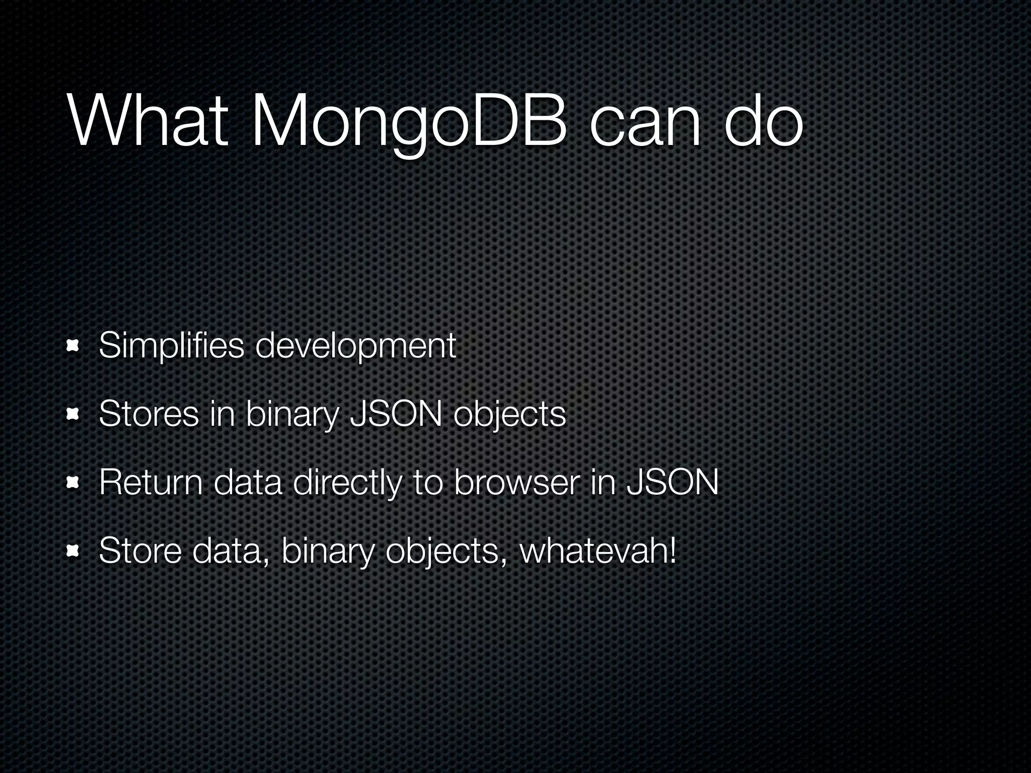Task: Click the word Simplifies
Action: pyautogui.click(x=171, y=346)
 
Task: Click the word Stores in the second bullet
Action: pyautogui.click(x=149, y=414)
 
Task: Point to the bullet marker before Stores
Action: pyautogui.click(x=72, y=414)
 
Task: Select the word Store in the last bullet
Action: pyautogui.click(x=140, y=551)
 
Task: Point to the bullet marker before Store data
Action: pyautogui.click(x=72, y=551)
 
